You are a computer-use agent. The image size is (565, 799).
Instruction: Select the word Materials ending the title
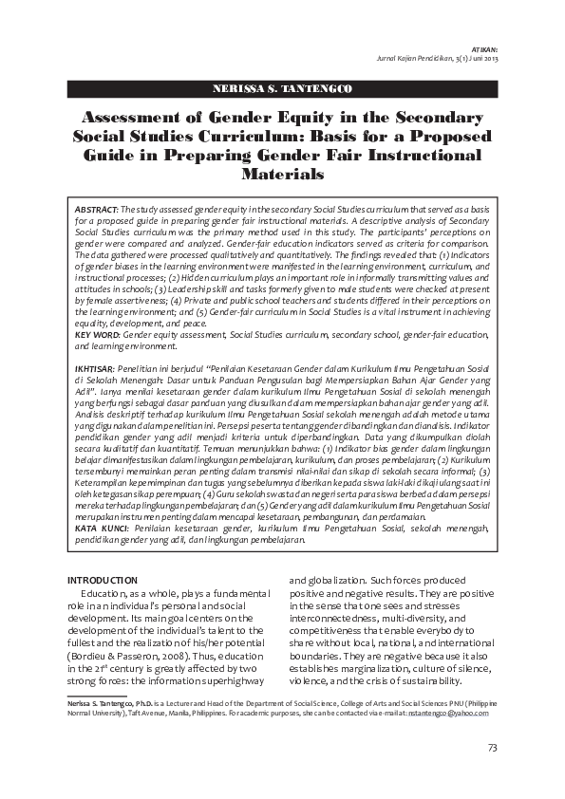point(282,175)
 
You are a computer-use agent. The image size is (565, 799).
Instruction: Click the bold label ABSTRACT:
point(96,208)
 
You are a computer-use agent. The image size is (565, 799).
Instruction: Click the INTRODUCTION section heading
point(103,580)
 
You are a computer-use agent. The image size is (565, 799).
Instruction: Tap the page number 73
point(492,748)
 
